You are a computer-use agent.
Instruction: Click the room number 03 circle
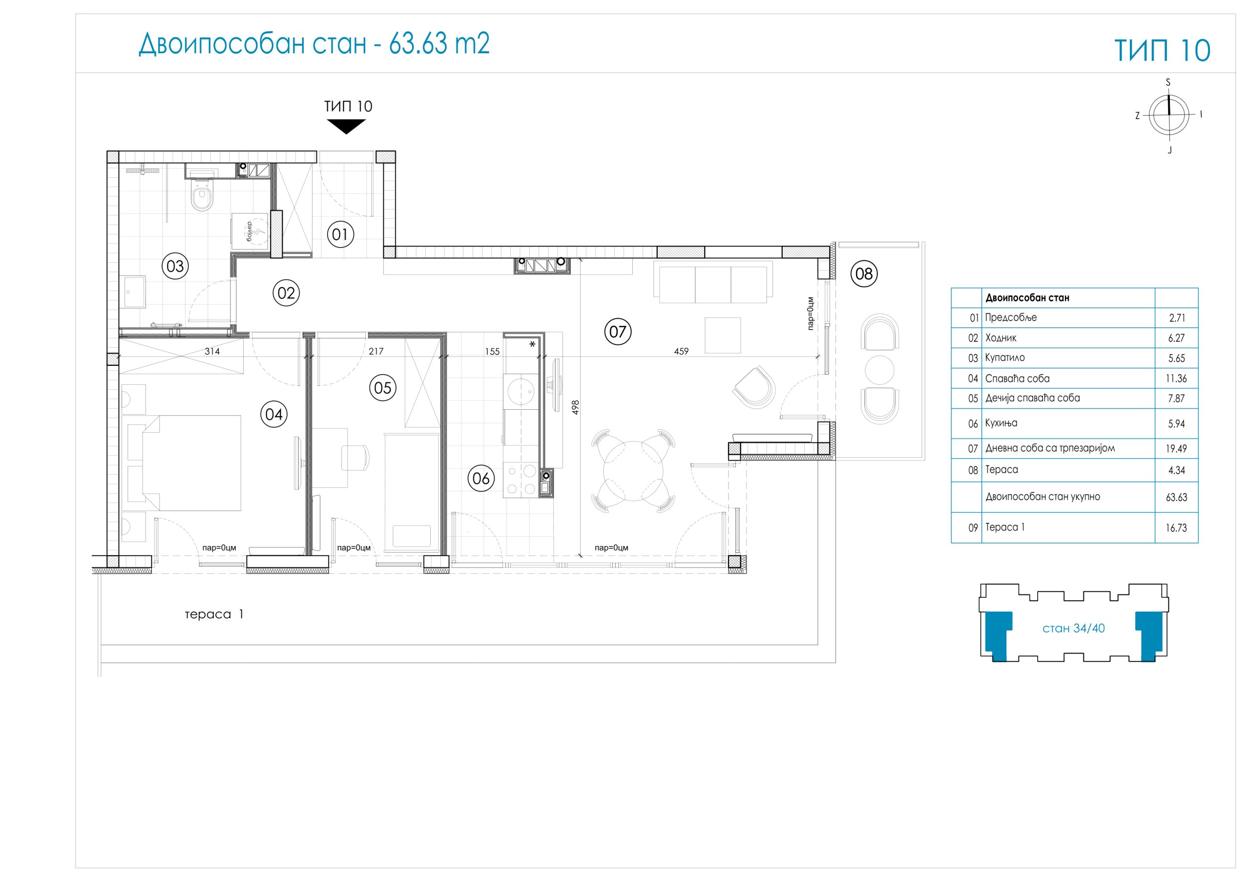click(175, 266)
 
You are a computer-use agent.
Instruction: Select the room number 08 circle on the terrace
click(864, 273)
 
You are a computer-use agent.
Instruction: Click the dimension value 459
click(681, 351)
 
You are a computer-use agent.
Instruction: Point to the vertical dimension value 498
click(576, 407)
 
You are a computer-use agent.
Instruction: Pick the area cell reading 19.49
click(1176, 448)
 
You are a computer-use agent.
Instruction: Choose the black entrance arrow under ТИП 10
click(346, 126)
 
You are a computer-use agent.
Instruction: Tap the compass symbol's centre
click(1168, 114)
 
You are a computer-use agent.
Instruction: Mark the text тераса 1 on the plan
click(214, 614)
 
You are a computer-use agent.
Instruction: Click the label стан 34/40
click(1073, 628)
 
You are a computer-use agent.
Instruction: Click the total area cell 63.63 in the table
click(1176, 497)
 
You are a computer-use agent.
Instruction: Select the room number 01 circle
click(340, 234)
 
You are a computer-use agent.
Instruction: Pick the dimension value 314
click(212, 351)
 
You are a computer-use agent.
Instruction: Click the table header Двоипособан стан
click(1027, 298)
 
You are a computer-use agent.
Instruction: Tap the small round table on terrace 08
click(879, 370)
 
